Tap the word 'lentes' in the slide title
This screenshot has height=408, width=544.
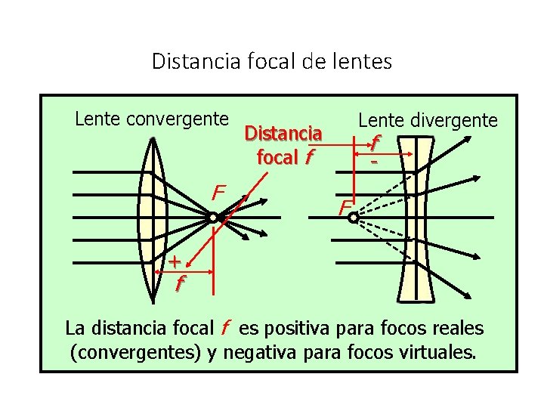click(365, 61)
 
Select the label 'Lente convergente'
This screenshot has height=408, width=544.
click(151, 119)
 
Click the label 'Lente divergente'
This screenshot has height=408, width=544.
click(428, 120)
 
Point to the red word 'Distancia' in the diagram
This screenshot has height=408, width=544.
click(283, 134)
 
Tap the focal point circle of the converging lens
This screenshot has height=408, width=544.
click(214, 218)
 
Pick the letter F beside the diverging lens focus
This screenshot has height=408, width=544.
click(344, 206)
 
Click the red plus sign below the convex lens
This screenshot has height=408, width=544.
click(174, 262)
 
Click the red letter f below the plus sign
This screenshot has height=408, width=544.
click(179, 283)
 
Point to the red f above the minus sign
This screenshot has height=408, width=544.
click(375, 142)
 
